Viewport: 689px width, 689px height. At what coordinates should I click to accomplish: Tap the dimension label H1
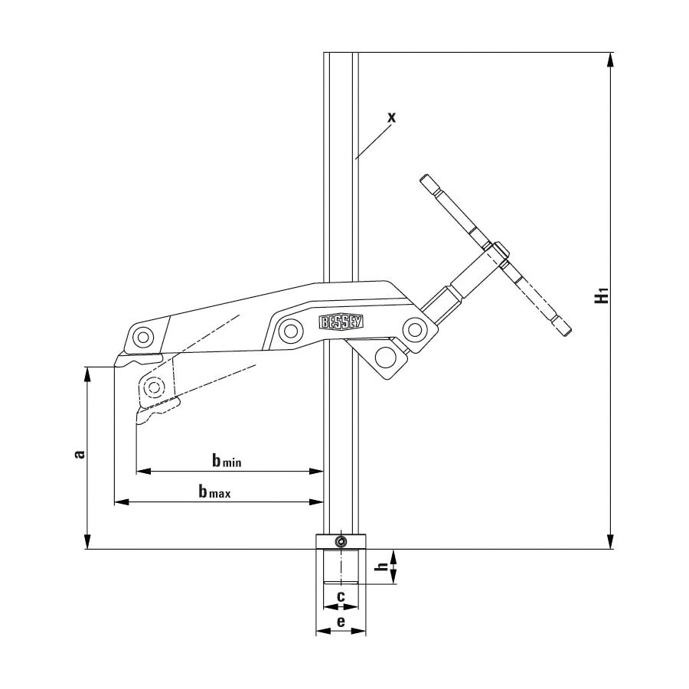click(602, 295)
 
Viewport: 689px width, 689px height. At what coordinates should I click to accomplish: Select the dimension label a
click(80, 454)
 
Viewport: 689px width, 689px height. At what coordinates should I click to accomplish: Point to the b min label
click(227, 461)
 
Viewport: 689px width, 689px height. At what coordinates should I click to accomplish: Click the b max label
click(214, 491)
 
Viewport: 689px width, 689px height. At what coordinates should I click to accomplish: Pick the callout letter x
click(391, 117)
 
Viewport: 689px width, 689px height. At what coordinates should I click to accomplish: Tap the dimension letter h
click(383, 567)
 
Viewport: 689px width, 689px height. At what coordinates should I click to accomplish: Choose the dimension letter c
click(341, 596)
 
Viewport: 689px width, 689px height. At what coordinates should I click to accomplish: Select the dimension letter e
click(341, 622)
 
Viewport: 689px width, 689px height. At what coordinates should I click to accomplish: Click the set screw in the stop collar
click(341, 541)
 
